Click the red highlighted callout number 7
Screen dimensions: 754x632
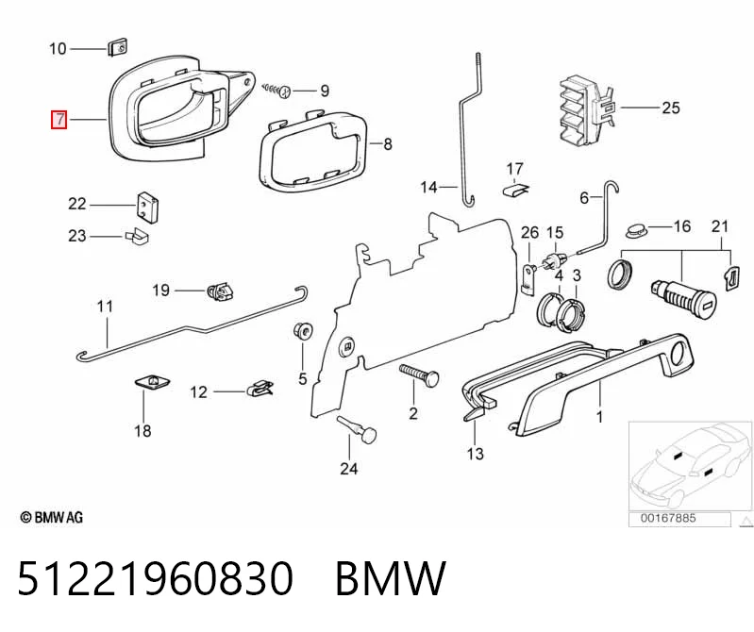(x=59, y=119)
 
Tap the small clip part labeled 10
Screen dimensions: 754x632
(x=117, y=47)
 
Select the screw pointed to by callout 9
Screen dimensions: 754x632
(x=277, y=90)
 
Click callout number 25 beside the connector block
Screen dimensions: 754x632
(x=670, y=108)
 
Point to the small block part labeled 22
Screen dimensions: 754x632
(x=147, y=207)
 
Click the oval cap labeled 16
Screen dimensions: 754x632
(x=637, y=229)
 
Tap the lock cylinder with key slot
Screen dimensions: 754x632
(x=683, y=293)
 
